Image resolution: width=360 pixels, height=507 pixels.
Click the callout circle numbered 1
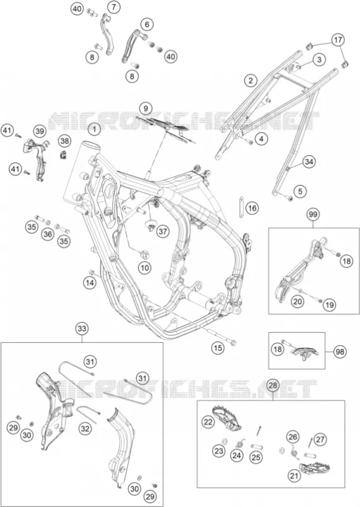click(x=94, y=130)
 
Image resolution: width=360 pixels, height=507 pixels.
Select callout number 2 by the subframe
click(x=250, y=80)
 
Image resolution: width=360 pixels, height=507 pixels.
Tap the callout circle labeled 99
click(x=313, y=214)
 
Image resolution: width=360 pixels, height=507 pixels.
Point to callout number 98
click(x=340, y=351)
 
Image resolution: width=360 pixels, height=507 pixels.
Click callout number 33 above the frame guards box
click(x=82, y=329)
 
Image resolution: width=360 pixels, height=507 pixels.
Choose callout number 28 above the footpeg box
click(x=273, y=385)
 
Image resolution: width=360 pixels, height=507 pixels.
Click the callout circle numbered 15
click(x=217, y=348)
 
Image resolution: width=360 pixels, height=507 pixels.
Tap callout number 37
click(x=163, y=231)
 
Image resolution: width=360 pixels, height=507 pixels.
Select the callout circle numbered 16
click(x=252, y=208)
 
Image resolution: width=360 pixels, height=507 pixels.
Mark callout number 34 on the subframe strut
click(x=309, y=162)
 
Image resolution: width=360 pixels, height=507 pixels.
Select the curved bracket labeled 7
click(x=107, y=34)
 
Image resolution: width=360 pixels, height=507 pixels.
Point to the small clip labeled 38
click(x=63, y=154)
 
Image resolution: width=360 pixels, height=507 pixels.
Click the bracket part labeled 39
click(x=36, y=159)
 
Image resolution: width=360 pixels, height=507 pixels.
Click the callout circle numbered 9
click(x=146, y=108)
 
